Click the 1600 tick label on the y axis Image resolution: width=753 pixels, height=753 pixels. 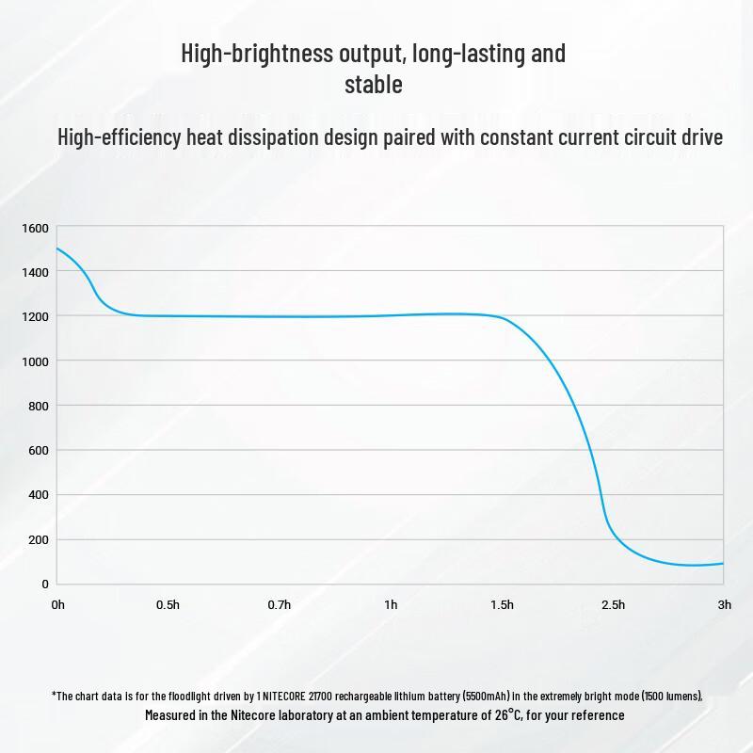[x=35, y=228]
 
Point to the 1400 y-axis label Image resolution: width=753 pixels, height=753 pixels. [x=35, y=272]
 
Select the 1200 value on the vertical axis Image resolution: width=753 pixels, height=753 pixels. [x=35, y=316]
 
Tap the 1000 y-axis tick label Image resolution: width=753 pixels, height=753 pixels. [x=35, y=361]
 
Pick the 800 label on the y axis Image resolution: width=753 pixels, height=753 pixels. [x=37, y=406]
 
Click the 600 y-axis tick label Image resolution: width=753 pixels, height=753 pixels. [x=37, y=450]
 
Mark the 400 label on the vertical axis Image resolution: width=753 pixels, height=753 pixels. [x=37, y=495]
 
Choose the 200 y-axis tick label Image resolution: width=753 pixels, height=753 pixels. [x=37, y=540]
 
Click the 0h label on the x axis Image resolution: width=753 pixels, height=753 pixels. [x=57, y=604]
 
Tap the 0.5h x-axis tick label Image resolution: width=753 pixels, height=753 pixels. [x=168, y=604]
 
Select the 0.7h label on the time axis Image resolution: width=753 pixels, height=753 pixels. [x=279, y=604]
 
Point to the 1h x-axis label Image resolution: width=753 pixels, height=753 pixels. [x=391, y=604]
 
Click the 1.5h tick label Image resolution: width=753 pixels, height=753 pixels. [x=502, y=604]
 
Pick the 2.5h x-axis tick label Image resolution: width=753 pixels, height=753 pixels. [x=613, y=604]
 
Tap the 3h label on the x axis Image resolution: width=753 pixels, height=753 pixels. [x=724, y=604]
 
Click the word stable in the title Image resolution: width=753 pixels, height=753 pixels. [x=374, y=85]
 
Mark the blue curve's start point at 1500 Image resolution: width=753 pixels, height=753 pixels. [x=57, y=248]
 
